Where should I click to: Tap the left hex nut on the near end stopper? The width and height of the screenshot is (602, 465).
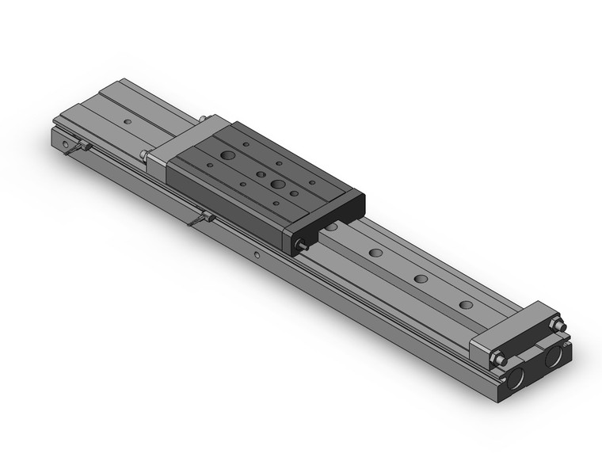pyautogui.click(x=499, y=360)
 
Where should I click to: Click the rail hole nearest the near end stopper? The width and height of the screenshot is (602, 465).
pyautogui.click(x=466, y=305)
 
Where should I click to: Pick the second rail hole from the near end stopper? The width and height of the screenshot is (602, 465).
pyautogui.click(x=420, y=279)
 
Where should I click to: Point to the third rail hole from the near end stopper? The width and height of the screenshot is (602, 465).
pyautogui.click(x=375, y=253)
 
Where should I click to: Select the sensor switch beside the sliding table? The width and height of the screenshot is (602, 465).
pyautogui.click(x=202, y=219)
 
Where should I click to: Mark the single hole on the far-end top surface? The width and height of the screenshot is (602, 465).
pyautogui.click(x=128, y=122)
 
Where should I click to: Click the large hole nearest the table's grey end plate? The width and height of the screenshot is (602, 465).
pyautogui.click(x=227, y=155)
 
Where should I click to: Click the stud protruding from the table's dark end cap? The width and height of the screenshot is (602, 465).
pyautogui.click(x=303, y=247)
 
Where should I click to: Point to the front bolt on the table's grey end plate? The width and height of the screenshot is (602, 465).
pyautogui.click(x=144, y=155)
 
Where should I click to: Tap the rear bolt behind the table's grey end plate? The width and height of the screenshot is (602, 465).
pyautogui.click(x=204, y=120)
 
